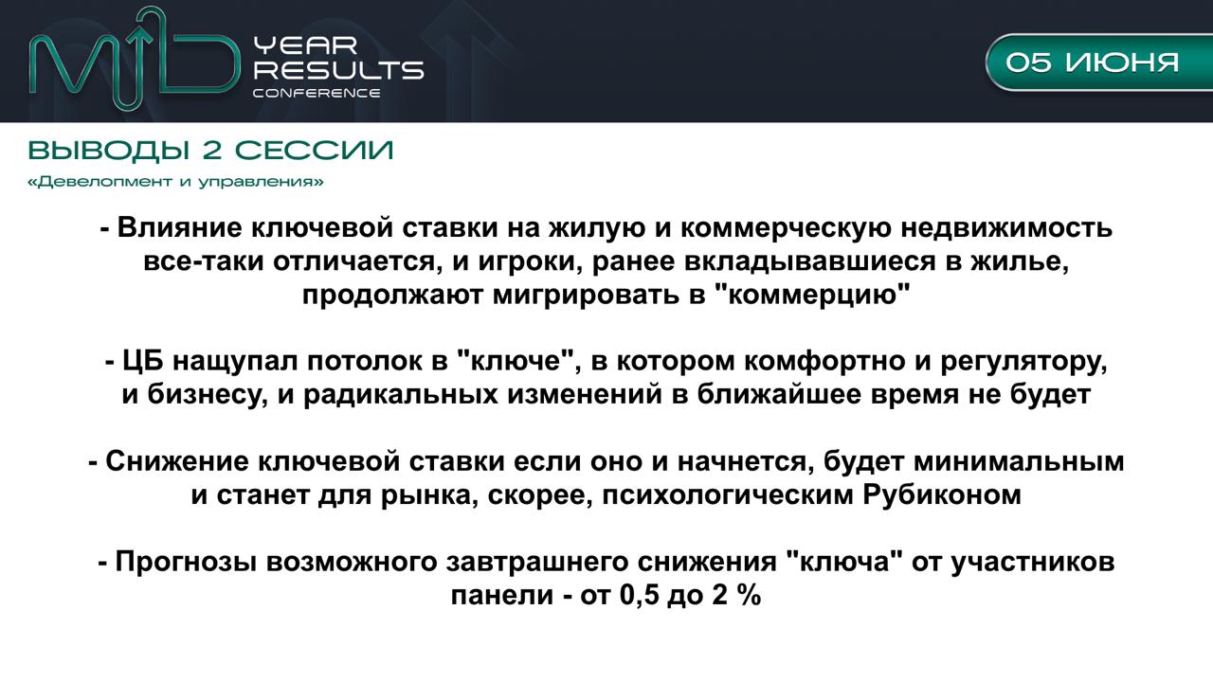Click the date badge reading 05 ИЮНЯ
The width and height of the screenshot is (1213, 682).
click(x=1099, y=63)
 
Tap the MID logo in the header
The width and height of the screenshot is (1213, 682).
click(x=135, y=60)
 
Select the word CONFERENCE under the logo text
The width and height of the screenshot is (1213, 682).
click(x=317, y=93)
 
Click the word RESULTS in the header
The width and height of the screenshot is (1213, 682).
click(x=339, y=70)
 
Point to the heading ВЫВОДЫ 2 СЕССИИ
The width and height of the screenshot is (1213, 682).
click(x=210, y=151)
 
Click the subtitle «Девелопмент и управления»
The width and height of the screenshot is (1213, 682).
click(x=175, y=182)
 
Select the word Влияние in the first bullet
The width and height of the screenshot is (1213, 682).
click(x=180, y=228)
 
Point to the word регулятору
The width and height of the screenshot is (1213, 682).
click(x=1024, y=362)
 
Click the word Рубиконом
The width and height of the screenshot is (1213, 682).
click(x=942, y=495)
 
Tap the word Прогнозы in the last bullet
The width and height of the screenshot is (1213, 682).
click(x=186, y=563)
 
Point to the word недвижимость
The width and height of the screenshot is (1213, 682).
click(x=1006, y=228)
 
